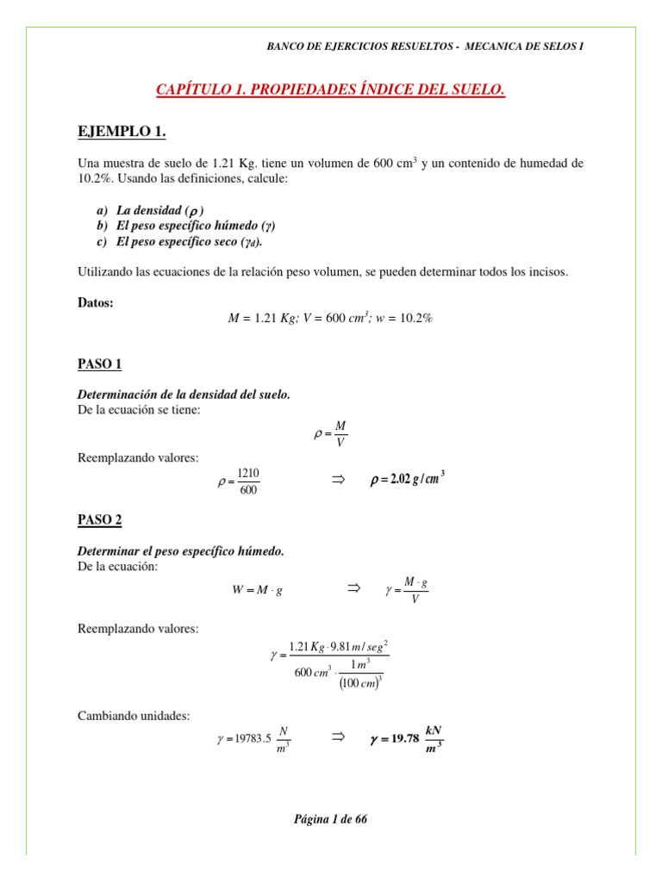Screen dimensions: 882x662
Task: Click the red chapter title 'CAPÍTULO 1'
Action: [x=330, y=90]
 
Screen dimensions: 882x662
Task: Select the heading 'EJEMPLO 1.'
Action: [x=122, y=131]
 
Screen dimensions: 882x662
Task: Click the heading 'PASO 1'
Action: [x=100, y=365]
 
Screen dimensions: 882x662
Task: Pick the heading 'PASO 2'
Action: [x=100, y=520]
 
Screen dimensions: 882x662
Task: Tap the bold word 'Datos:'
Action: [x=96, y=302]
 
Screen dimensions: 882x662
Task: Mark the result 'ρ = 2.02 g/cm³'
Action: [x=407, y=480]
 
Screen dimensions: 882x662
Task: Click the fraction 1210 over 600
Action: [x=248, y=481]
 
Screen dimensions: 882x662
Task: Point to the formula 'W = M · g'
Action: [x=258, y=590]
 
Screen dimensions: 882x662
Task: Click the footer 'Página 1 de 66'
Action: [x=330, y=819]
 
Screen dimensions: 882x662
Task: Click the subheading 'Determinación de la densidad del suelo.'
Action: [x=184, y=394]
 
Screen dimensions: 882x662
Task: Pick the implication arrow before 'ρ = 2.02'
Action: [x=338, y=480]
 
